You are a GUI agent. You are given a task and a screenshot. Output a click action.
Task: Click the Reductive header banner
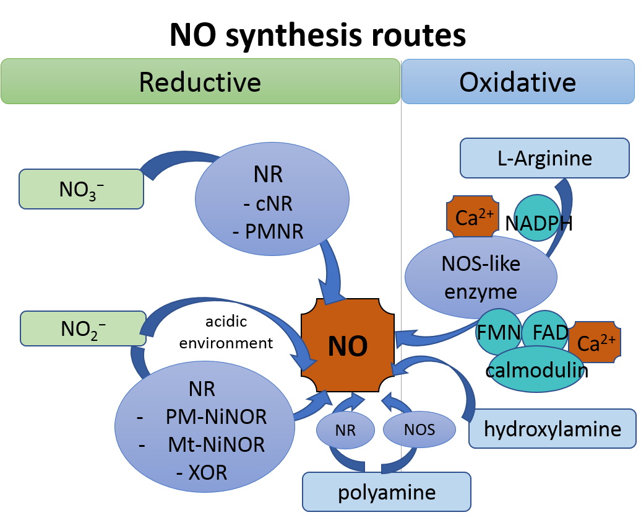coord(200,81)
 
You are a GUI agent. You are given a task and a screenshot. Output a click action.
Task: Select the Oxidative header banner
coord(518,81)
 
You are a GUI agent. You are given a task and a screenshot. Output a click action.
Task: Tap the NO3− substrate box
coord(82,189)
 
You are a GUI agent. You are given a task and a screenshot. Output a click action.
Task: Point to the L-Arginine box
coord(544,158)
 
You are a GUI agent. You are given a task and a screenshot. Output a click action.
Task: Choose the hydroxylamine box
coord(552,428)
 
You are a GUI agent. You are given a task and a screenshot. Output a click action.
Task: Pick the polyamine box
coord(386,493)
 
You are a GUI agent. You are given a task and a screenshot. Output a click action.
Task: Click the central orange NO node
coord(348,346)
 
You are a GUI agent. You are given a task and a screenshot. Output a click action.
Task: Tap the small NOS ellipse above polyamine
coord(419,430)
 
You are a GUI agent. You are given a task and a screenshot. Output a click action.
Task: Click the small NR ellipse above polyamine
coord(346,430)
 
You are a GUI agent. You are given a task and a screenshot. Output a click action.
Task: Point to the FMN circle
coord(499,333)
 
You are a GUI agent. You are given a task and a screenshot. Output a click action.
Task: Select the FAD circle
coord(544,333)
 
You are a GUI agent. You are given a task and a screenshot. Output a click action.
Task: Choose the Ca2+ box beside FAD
coord(595,343)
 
